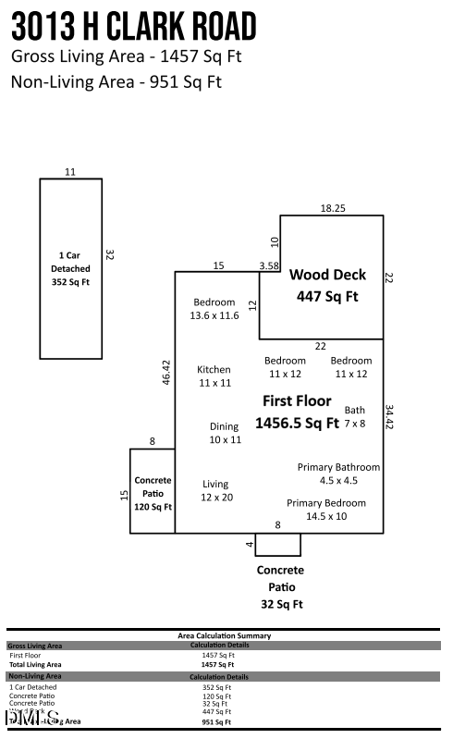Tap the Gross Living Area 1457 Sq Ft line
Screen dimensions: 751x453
pyautogui.click(x=126, y=56)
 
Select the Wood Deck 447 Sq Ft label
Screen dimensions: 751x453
pyautogui.click(x=327, y=286)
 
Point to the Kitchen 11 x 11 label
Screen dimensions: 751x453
pyautogui.click(x=214, y=375)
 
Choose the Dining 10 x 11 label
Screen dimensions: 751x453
pyautogui.click(x=225, y=433)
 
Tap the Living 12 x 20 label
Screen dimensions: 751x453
pyautogui.click(x=218, y=490)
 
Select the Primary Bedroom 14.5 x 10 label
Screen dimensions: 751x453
pyautogui.click(x=325, y=509)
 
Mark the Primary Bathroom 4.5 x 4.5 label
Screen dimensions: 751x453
pyautogui.click(x=338, y=474)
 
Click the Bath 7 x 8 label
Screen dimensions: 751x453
pyautogui.click(x=355, y=416)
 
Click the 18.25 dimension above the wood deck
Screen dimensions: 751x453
pyautogui.click(x=333, y=208)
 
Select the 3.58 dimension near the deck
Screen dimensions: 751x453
pyautogui.click(x=269, y=265)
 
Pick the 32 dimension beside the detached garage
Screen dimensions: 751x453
pyautogui.click(x=109, y=254)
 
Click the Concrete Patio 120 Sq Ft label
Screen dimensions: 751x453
pyautogui.click(x=153, y=494)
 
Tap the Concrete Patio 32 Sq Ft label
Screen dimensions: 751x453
pyautogui.click(x=280, y=587)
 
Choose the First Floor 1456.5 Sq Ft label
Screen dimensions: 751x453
pyautogui.click(x=297, y=412)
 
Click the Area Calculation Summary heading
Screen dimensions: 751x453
pyautogui.click(x=225, y=635)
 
